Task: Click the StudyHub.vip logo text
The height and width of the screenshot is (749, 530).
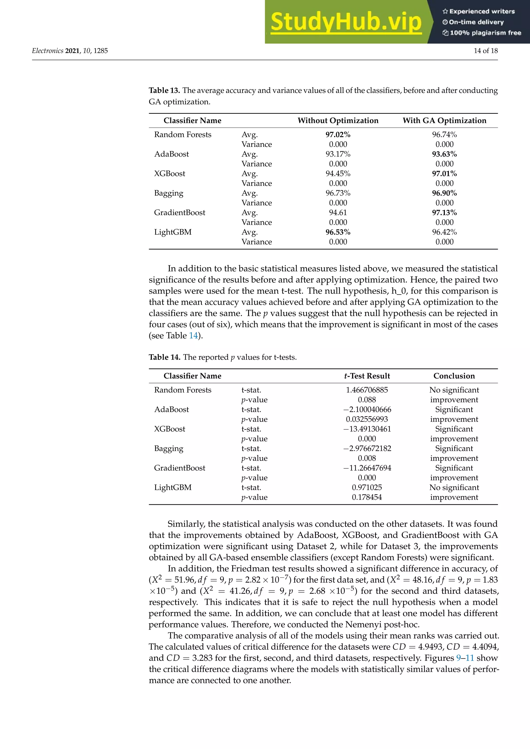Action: click(x=346, y=22)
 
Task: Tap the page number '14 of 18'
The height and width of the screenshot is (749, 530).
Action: click(x=485, y=51)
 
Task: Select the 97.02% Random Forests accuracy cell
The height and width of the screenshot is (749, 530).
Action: click(x=338, y=134)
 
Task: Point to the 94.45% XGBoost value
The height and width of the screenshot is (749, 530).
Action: click(x=338, y=174)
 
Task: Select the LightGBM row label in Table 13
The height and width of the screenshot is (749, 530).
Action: click(x=173, y=232)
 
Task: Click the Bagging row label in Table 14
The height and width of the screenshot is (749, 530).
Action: click(x=168, y=448)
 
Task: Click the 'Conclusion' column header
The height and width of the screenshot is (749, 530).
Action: click(x=454, y=376)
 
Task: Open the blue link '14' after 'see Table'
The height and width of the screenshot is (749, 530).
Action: click(x=193, y=336)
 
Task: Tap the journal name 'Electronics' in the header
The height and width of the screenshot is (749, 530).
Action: click(x=48, y=51)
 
